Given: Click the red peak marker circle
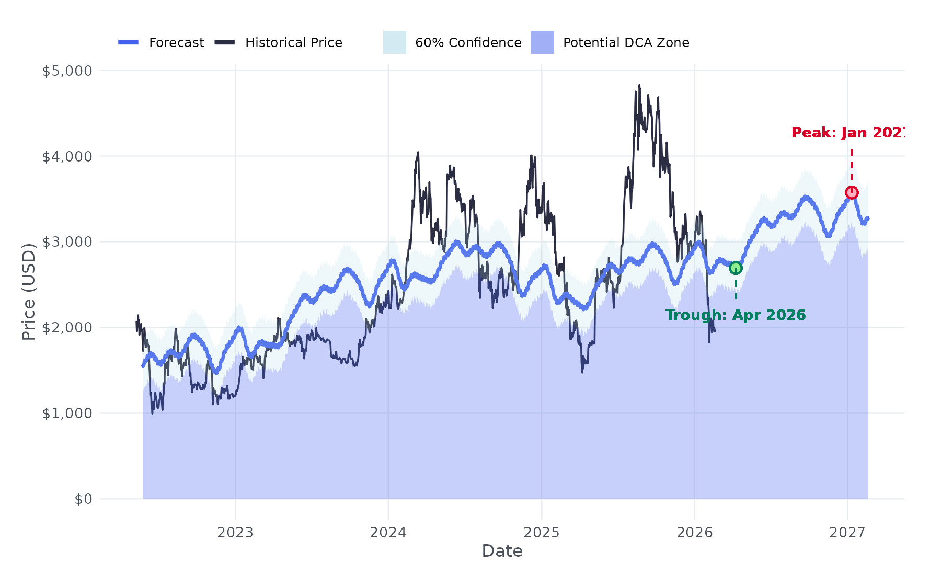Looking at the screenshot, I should tap(852, 193).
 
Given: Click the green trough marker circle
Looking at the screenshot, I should tap(736, 268).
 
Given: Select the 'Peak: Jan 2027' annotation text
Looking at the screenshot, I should tap(847, 133).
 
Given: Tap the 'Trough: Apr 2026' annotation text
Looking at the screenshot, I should tap(736, 315).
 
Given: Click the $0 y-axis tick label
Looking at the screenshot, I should tap(83, 499).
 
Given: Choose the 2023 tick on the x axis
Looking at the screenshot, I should tap(235, 533).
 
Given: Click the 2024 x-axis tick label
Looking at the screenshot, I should tap(388, 533).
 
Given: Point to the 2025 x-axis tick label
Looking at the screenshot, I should tap(542, 533).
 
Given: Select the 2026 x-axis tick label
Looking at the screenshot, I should tap(695, 533).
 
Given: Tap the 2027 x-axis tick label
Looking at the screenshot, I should tap(848, 533).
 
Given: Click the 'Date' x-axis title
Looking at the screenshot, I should tap(502, 551).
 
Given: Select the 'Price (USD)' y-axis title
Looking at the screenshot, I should tap(29, 292).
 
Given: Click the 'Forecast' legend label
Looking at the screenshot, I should tap(176, 43).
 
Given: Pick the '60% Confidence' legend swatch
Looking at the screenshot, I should tap(395, 42).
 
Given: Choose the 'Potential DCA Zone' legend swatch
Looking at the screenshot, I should tap(543, 42).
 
